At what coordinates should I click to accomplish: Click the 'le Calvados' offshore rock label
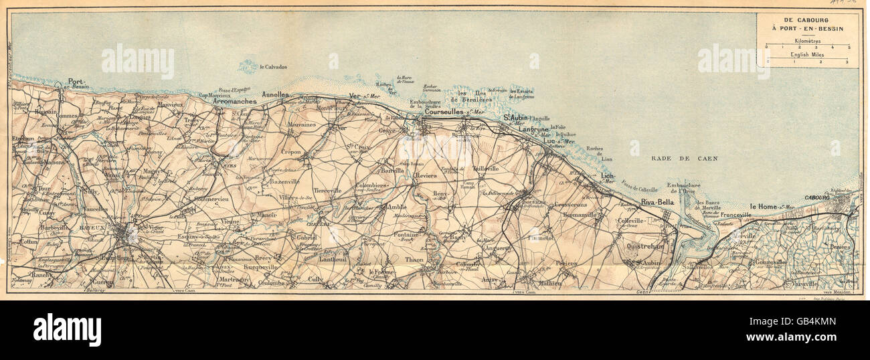tap(274, 67)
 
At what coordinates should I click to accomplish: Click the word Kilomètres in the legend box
tap(808, 40)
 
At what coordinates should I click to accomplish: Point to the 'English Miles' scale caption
tap(808, 55)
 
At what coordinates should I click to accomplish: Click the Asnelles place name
tap(275, 95)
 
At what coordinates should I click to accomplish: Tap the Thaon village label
tap(415, 260)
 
